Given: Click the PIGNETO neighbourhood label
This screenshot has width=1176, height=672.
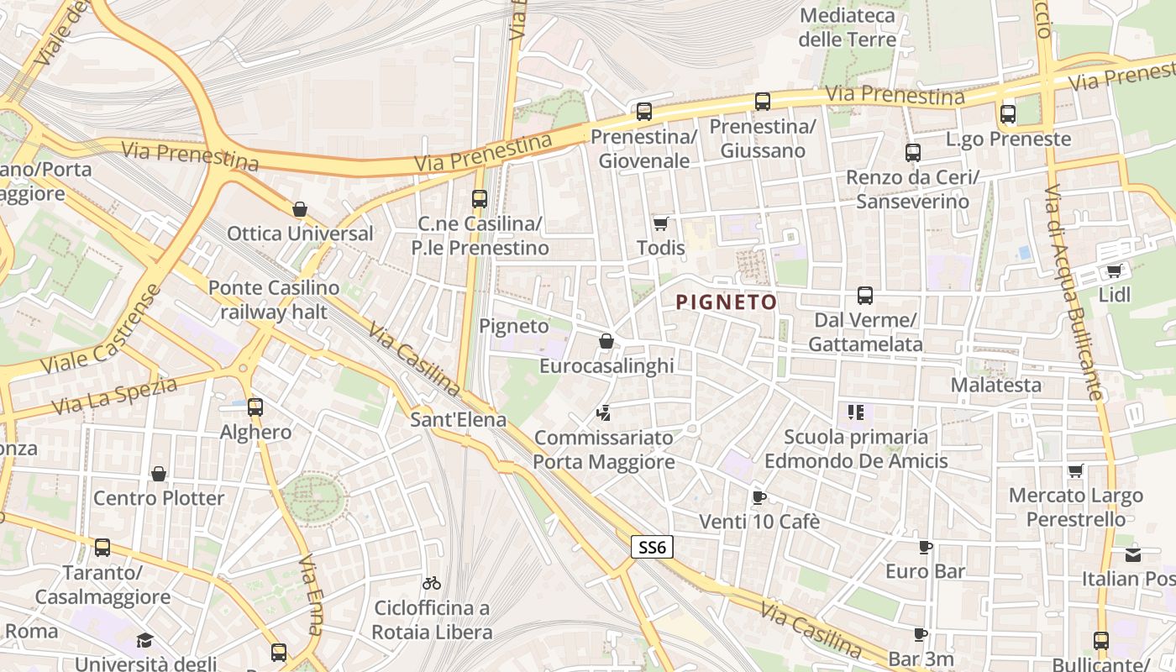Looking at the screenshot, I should click(x=727, y=302).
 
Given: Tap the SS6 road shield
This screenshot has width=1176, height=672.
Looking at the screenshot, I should click(x=652, y=548).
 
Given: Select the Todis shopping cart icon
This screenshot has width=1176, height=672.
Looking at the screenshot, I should click(x=661, y=223).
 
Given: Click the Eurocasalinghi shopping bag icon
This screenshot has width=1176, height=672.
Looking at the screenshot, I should click(x=606, y=341).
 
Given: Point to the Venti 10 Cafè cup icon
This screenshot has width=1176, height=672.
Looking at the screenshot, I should click(x=759, y=497).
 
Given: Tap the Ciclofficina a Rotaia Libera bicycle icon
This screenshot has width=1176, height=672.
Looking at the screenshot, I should click(x=432, y=583).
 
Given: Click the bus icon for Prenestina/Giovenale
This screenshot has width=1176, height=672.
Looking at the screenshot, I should click(x=644, y=111).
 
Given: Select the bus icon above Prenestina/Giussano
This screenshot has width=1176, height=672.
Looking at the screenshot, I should click(x=763, y=102).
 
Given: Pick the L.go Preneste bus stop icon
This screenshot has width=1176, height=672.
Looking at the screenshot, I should click(x=1008, y=114).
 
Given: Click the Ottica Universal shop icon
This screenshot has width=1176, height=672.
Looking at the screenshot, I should click(x=300, y=209).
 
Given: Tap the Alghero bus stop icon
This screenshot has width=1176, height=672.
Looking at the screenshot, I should click(x=255, y=407).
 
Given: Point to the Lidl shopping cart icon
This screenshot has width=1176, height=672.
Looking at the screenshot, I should click(x=1115, y=270).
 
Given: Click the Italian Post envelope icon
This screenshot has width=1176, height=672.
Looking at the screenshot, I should click(x=1133, y=554).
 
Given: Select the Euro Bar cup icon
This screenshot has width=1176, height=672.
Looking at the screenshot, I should click(x=926, y=548).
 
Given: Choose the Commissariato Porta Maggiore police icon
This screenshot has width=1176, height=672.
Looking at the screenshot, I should click(x=603, y=412).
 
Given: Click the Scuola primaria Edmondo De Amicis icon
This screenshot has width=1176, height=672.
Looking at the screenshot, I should click(x=856, y=412).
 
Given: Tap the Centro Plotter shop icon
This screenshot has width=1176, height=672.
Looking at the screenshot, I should click(x=159, y=474).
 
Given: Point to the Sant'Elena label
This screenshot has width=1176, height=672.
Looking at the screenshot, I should click(x=459, y=420).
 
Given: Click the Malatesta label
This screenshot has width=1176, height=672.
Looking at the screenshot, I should click(x=996, y=386).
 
